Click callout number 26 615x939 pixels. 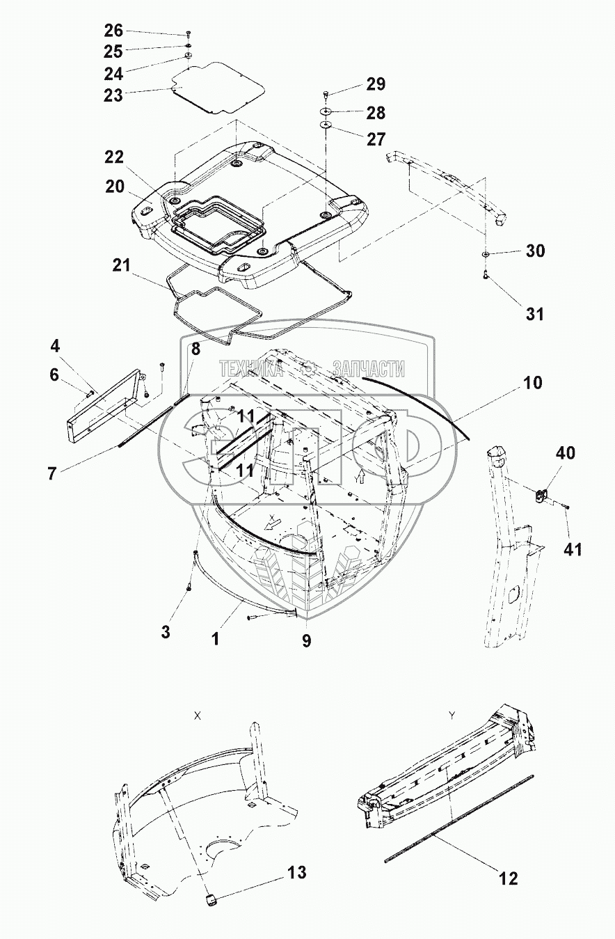(113, 31)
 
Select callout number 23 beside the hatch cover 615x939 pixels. (113, 95)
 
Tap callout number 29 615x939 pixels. (376, 85)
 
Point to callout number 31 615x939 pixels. (534, 314)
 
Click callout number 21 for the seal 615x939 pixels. (122, 265)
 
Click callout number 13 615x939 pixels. (297, 873)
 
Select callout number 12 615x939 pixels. (509, 879)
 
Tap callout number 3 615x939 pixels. (165, 632)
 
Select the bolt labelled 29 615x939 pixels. (327, 94)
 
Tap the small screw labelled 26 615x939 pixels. (189, 33)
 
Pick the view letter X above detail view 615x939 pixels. (198, 716)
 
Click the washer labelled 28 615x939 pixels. (327, 112)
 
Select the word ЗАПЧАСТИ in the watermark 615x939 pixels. (369, 369)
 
